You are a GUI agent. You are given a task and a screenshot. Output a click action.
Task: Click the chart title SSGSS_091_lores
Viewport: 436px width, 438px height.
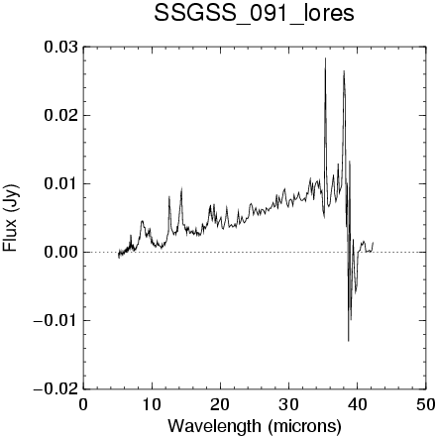[x=254, y=14]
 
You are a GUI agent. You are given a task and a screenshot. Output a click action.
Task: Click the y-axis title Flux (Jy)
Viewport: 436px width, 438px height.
[x=10, y=218]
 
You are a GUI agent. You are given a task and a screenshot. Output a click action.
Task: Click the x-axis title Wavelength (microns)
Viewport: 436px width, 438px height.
[x=255, y=426]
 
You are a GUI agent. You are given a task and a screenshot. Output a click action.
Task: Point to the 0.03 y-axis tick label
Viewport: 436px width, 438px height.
[x=61, y=48]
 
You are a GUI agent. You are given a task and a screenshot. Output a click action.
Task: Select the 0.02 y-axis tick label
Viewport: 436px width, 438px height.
[x=61, y=116]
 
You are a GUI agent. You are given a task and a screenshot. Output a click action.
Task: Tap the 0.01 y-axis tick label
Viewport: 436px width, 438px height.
[x=61, y=184]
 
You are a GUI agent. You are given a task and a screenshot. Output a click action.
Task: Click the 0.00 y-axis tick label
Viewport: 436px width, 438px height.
[x=61, y=253]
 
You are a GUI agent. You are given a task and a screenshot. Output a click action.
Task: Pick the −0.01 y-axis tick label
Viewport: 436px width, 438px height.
[x=56, y=321]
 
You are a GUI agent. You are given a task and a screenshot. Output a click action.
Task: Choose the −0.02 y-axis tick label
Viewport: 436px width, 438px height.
[x=56, y=389]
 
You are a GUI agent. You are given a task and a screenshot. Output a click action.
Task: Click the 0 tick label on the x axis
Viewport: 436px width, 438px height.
[x=83, y=404]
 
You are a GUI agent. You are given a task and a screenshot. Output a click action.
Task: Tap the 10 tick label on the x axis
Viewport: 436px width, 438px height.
[x=152, y=404]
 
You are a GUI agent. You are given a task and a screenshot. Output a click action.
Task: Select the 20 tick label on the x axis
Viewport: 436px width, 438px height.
[x=220, y=404]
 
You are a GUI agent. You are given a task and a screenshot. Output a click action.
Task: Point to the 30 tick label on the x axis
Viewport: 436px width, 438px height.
[x=288, y=404]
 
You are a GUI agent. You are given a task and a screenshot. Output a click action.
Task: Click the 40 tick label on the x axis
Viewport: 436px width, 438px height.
[x=357, y=404]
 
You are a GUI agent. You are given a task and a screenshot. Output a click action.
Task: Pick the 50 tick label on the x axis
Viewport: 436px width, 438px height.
[x=425, y=404]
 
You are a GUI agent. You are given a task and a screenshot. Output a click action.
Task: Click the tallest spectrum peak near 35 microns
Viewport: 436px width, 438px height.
[x=325, y=58]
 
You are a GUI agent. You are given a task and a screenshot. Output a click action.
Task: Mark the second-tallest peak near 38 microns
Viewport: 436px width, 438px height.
[x=344, y=70]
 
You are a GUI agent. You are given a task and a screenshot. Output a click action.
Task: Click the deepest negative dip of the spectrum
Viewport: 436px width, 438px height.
[x=349, y=341]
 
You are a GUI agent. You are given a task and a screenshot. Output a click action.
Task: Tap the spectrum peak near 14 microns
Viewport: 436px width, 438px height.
[x=181, y=187]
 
